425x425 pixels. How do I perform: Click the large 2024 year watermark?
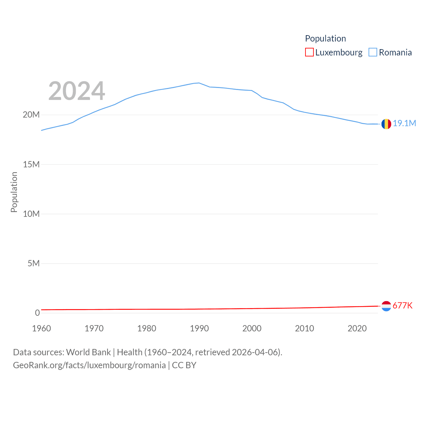tap(77, 91)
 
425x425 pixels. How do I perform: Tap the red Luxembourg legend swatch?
tap(309, 52)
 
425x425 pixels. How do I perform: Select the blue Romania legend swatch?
tap(373, 52)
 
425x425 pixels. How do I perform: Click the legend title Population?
tap(325, 39)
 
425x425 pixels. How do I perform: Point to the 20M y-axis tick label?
tap(31, 115)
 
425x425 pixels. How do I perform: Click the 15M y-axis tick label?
tap(31, 164)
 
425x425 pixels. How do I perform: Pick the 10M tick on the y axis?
tap(31, 214)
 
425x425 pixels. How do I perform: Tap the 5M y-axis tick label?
tap(34, 263)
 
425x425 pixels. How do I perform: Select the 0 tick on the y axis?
tap(37, 313)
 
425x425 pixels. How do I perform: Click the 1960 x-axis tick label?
tap(42, 328)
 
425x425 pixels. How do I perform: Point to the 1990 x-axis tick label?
tap(199, 328)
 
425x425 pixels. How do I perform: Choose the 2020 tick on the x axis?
tap(357, 328)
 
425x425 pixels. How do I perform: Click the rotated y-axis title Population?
tap(14, 192)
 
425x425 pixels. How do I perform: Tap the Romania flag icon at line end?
tap(386, 124)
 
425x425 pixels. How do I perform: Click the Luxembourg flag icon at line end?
tap(386, 306)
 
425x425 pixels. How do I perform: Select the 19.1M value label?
tap(404, 123)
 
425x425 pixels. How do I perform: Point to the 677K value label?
tap(402, 305)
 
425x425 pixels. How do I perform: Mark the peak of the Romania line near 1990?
tap(199, 83)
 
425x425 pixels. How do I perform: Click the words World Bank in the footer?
tap(88, 352)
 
